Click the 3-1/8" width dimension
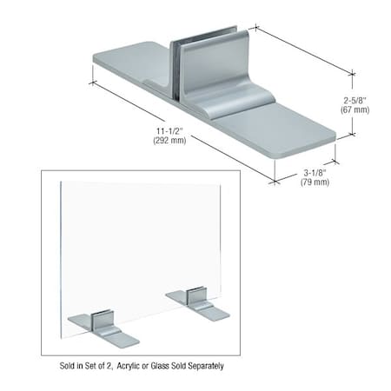tap(315, 172)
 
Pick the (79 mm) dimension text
tap(315, 182)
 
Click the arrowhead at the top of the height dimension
tap(352, 75)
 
